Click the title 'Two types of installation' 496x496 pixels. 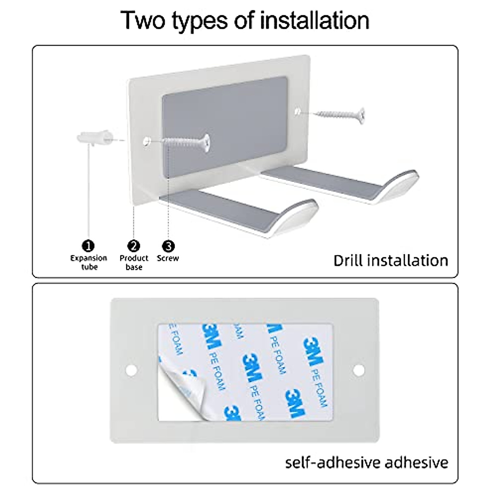pyautogui.click(x=245, y=21)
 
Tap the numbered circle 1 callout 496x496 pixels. pyautogui.click(x=88, y=246)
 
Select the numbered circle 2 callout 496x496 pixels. pyautogui.click(x=134, y=246)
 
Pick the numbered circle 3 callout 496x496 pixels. pyautogui.click(x=168, y=246)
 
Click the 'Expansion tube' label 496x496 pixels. pyautogui.click(x=88, y=262)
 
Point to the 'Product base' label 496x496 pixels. pyautogui.click(x=134, y=262)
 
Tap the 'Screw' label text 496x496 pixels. pyautogui.click(x=168, y=258)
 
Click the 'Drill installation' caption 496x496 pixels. pyautogui.click(x=391, y=261)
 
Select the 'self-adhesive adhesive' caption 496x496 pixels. pyautogui.click(x=367, y=462)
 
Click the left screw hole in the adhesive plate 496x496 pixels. pyautogui.click(x=131, y=370)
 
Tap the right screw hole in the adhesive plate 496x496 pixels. pyautogui.click(x=358, y=370)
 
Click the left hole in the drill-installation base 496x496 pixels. pyautogui.click(x=146, y=141)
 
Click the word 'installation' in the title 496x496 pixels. pyautogui.click(x=314, y=21)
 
